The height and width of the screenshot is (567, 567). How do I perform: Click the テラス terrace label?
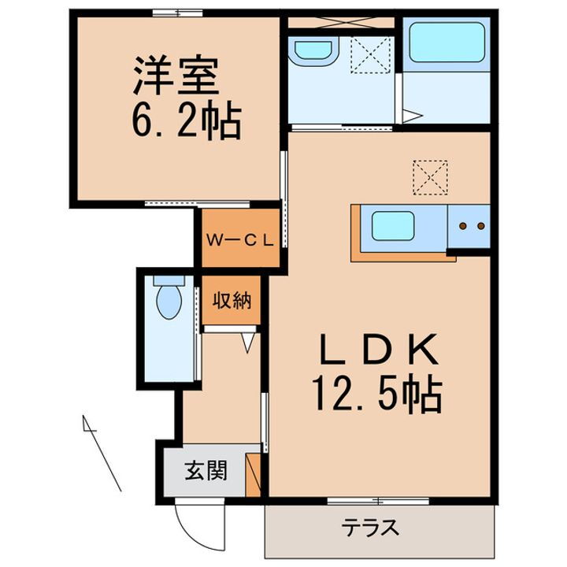coord(370,527)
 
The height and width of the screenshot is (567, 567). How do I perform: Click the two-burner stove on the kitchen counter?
coord(470,227)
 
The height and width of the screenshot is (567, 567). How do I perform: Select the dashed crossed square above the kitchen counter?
coord(430,177)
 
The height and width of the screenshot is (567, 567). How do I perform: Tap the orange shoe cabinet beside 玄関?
coord(254,476)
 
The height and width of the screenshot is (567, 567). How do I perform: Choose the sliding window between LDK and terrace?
coord(378,500)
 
